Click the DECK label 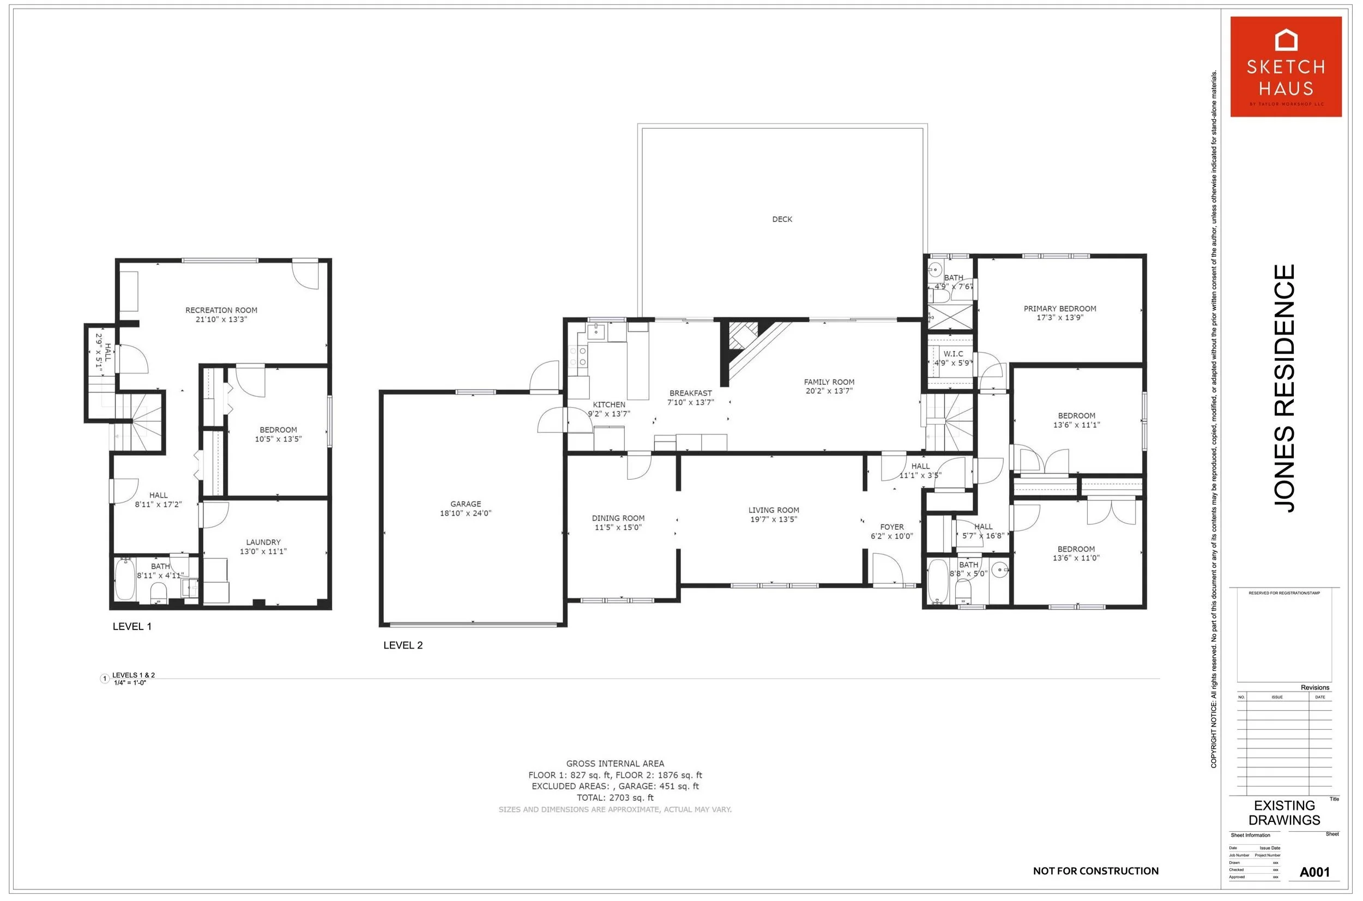pyautogui.click(x=781, y=219)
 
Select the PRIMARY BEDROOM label pyautogui.click(x=1060, y=309)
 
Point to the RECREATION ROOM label pyautogui.click(x=221, y=310)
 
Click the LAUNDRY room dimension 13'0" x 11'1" pyautogui.click(x=263, y=552)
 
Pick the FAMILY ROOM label pyautogui.click(x=829, y=382)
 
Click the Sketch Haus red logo pyautogui.click(x=1286, y=66)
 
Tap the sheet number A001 pyautogui.click(x=1314, y=872)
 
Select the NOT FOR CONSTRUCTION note pyautogui.click(x=1095, y=871)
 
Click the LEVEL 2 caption pyautogui.click(x=403, y=645)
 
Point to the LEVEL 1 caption pyautogui.click(x=132, y=626)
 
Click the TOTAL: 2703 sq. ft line pyautogui.click(x=615, y=797)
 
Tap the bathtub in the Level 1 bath pyautogui.click(x=125, y=579)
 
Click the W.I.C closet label pyautogui.click(x=952, y=354)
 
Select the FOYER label pyautogui.click(x=892, y=527)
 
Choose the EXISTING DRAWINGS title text pyautogui.click(x=1284, y=813)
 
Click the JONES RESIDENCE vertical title pyautogui.click(x=1285, y=388)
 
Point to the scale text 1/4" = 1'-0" pyautogui.click(x=130, y=682)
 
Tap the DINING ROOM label pyautogui.click(x=618, y=518)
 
